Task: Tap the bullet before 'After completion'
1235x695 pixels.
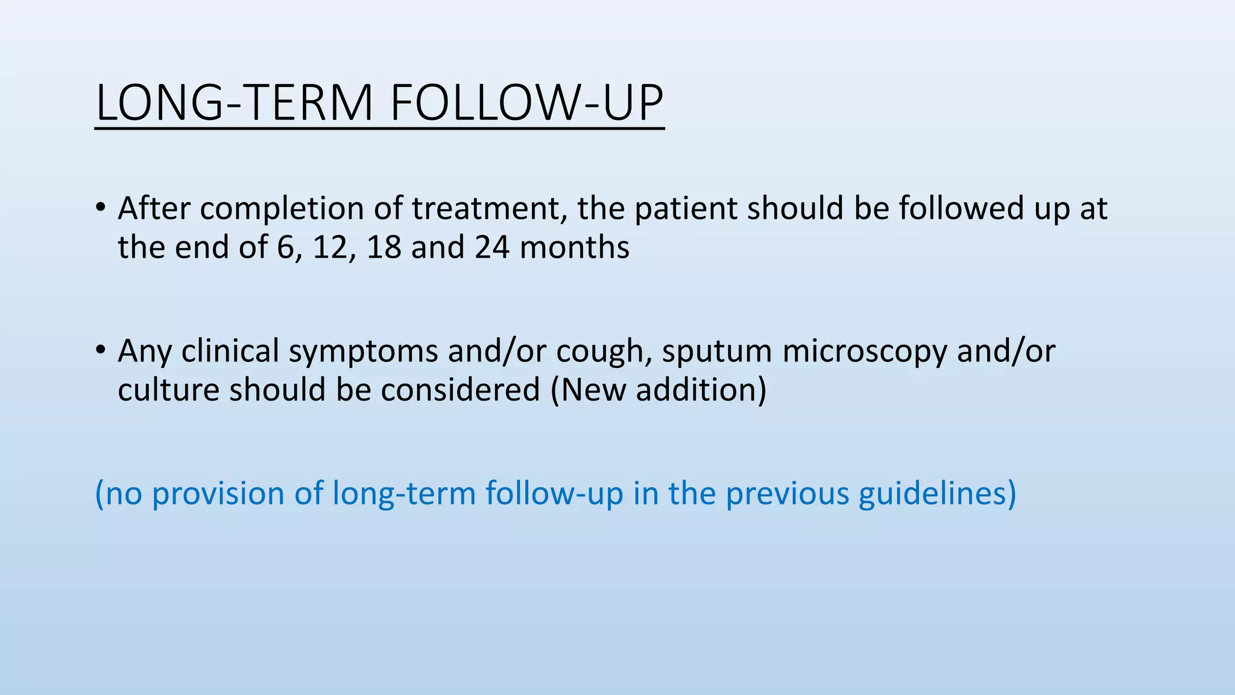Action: [100, 208]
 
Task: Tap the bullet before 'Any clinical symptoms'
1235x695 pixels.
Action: [100, 351]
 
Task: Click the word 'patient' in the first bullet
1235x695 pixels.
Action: [686, 209]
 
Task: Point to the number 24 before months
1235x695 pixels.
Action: [491, 247]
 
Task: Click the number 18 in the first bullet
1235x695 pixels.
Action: [384, 247]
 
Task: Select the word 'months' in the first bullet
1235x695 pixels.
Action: [574, 247]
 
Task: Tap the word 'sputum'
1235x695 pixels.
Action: [716, 352]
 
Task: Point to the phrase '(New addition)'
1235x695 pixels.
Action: [658, 390]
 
